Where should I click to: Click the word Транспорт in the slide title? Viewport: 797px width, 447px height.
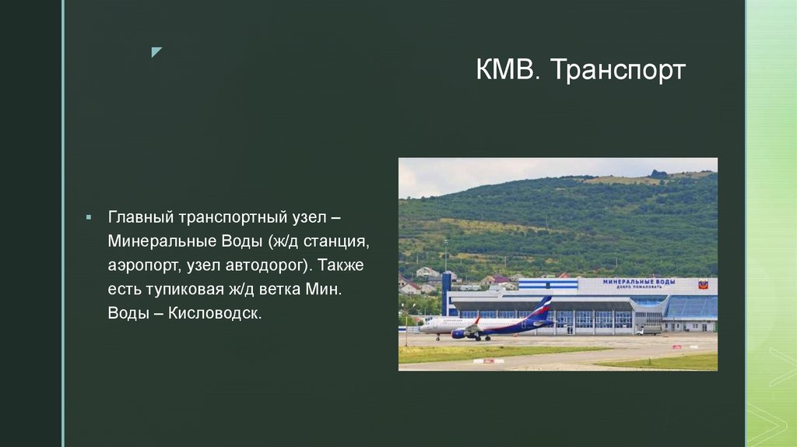pos(619,70)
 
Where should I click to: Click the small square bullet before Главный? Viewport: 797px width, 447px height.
pos(90,215)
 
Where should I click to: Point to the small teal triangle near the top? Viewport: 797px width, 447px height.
pos(156,52)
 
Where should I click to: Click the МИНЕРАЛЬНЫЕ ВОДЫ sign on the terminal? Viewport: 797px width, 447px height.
pos(637,282)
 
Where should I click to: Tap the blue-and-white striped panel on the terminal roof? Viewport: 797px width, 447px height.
pos(548,284)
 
